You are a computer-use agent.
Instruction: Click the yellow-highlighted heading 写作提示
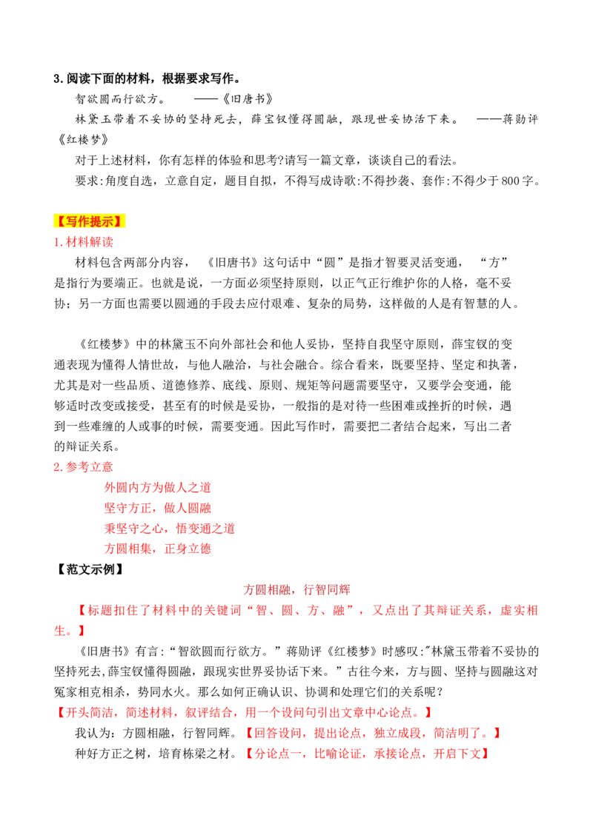point(91,221)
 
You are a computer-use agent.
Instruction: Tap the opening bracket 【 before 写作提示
point(59,221)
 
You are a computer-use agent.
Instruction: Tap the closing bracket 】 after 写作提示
point(123,221)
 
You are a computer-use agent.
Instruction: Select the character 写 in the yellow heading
point(70,221)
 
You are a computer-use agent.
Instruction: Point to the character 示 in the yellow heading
point(112,221)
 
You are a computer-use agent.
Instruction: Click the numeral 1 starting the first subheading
point(57,242)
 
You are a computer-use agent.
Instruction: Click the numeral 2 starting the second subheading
point(57,467)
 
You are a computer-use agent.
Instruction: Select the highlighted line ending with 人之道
point(157,488)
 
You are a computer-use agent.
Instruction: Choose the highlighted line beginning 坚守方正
point(157,509)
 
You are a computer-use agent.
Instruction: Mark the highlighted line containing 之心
point(169,529)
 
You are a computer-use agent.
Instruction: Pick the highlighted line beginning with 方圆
point(157,549)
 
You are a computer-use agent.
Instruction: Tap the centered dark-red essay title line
point(299,590)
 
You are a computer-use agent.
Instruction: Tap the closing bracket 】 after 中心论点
point(428,713)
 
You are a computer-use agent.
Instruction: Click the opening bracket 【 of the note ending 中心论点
point(58,713)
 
